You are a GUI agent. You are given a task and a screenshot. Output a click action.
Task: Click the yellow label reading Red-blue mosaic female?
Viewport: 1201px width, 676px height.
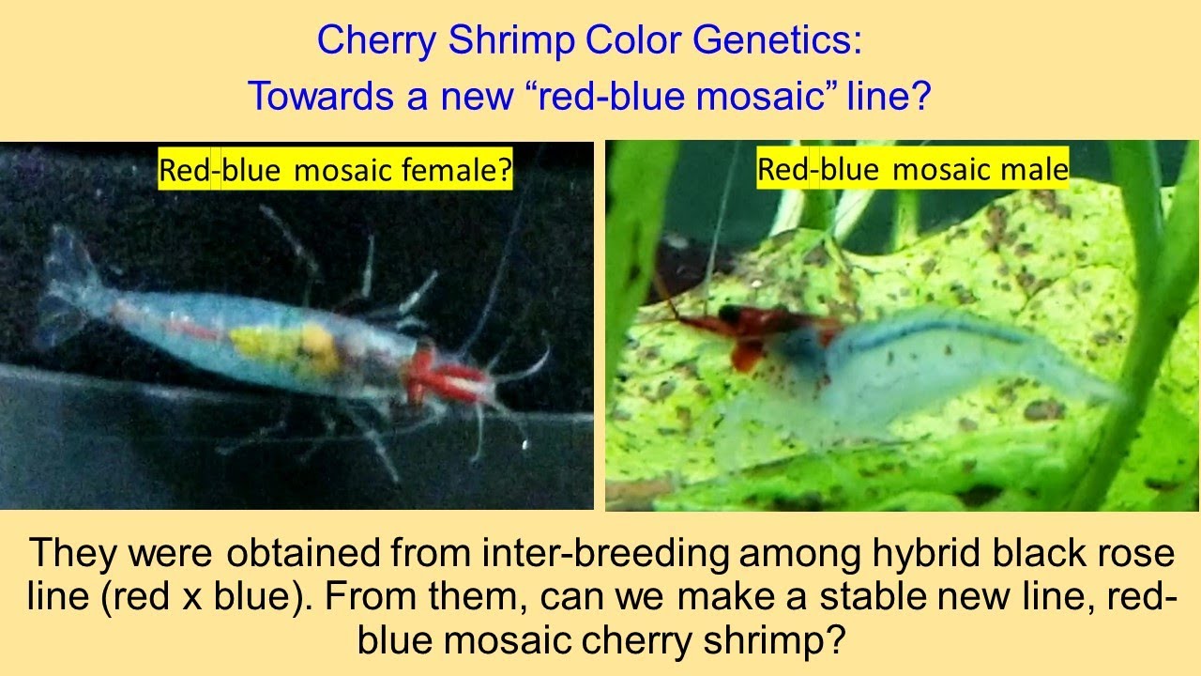tap(335, 171)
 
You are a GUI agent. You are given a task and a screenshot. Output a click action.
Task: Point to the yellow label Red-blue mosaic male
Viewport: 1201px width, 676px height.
tap(912, 169)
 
